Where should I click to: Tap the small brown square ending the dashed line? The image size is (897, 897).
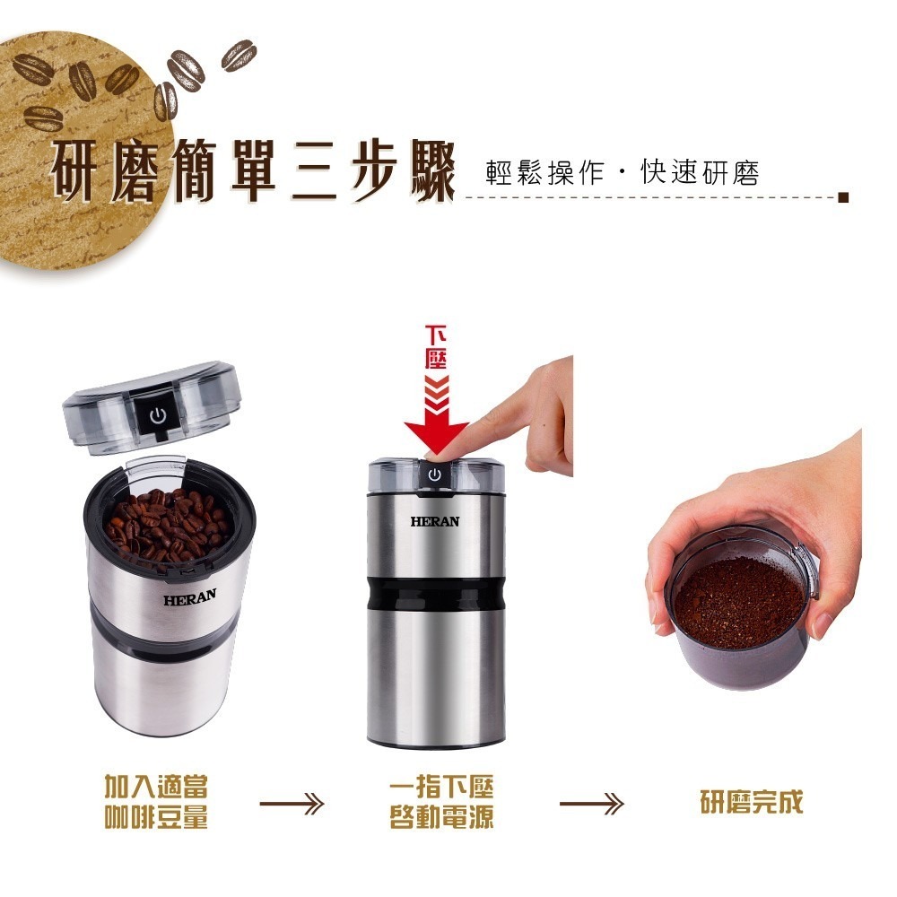[842, 197]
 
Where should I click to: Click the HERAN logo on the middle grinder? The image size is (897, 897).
[435, 521]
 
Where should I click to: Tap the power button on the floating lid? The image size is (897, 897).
[158, 415]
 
